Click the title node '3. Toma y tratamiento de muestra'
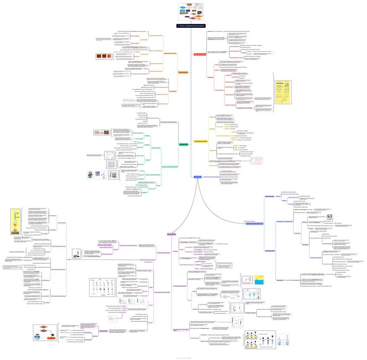(191, 26)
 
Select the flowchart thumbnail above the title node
(191, 11)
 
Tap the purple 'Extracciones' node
(172, 234)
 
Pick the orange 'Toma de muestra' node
(183, 72)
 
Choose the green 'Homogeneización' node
(183, 144)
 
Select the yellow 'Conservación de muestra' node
(201, 141)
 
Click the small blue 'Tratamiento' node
(197, 177)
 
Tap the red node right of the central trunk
(200, 54)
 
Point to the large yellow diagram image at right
(283, 92)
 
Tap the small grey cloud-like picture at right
(330, 215)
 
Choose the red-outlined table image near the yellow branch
(256, 160)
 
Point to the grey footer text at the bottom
(183, 357)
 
